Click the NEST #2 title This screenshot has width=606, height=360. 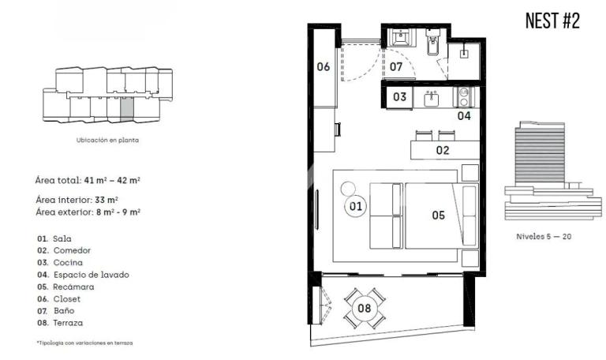(x=552, y=21)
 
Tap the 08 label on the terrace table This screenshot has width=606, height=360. (x=364, y=308)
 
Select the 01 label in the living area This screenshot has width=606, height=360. (x=356, y=206)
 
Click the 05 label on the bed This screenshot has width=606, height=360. (x=438, y=215)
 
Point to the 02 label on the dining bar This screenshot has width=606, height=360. (x=443, y=150)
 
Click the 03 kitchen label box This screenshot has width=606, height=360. (x=399, y=96)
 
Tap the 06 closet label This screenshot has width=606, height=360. (x=323, y=66)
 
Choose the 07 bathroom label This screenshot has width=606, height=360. (x=396, y=67)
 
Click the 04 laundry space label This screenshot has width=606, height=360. (x=464, y=115)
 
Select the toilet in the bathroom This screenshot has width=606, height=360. (x=432, y=42)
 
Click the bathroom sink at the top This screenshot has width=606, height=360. (x=400, y=38)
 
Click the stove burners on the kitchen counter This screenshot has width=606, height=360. (x=463, y=96)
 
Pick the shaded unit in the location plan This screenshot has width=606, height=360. (x=127, y=109)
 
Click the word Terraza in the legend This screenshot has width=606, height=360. (x=68, y=323)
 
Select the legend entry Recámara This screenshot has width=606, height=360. (x=73, y=287)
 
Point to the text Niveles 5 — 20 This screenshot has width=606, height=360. (x=544, y=237)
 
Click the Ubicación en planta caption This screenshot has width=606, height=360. (x=107, y=140)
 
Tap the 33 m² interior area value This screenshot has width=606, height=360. (x=107, y=200)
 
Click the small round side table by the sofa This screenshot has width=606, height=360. (x=348, y=189)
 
